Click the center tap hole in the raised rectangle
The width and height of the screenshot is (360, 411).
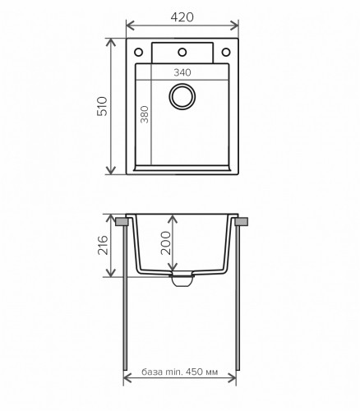tap(181, 51)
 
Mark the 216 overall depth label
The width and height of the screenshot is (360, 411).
tap(102, 247)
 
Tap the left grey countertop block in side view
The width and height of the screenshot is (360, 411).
tap(122, 222)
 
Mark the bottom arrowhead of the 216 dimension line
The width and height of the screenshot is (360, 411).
tap(113, 275)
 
